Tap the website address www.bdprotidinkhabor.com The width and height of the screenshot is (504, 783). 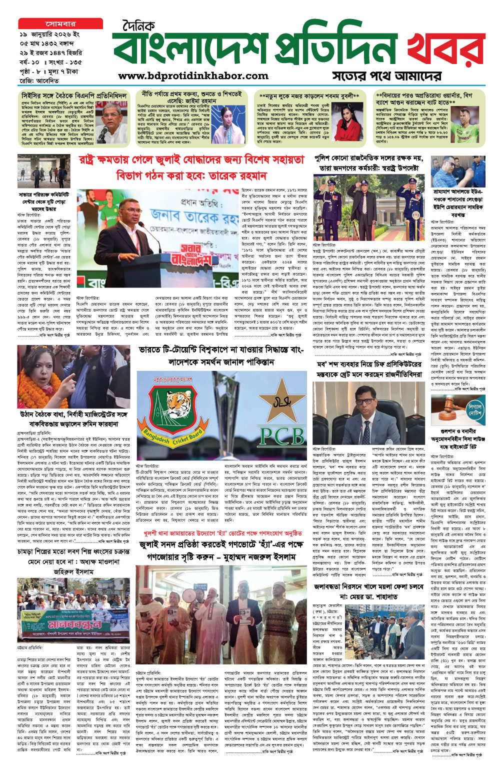(193, 76)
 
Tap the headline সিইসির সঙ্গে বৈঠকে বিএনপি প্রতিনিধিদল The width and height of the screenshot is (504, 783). (74, 95)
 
